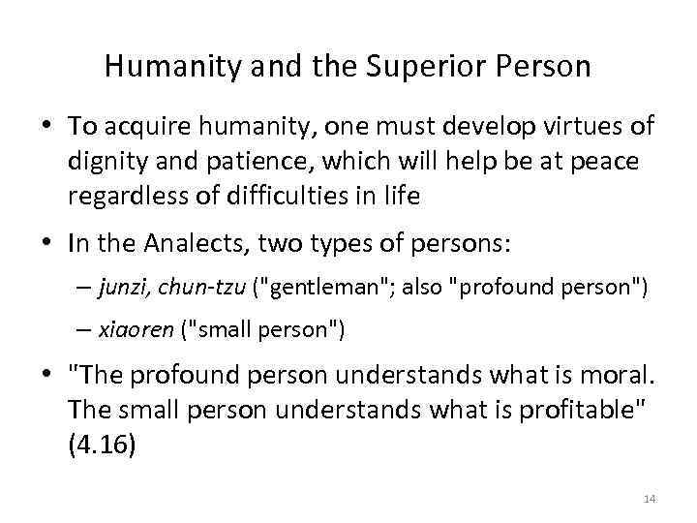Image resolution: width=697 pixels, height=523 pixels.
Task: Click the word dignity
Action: tap(108, 162)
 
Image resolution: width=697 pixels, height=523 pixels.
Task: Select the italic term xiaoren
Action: tap(134, 329)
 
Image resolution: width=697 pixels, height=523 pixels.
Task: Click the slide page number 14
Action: tap(649, 498)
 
